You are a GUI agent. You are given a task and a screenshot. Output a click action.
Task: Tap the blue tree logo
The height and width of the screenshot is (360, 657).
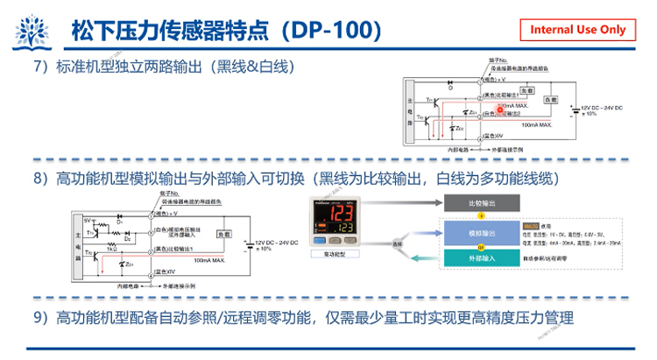[31, 32]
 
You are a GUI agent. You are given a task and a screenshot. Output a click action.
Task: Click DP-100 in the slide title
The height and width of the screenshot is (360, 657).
[330, 30]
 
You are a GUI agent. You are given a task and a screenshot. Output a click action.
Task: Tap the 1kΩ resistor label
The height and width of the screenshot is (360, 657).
[112, 250]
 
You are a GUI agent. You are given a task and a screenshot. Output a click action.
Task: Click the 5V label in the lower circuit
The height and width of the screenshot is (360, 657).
[88, 220]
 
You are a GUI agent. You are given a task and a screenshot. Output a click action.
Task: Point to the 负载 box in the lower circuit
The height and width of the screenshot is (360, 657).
[223, 235]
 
